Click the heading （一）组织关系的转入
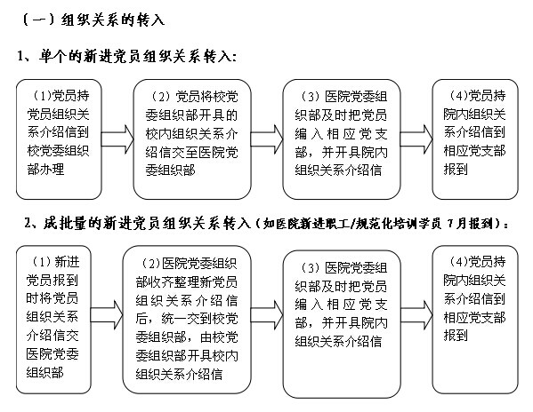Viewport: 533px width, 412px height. [x=93, y=20]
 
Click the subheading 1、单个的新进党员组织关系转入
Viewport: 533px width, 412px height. [x=126, y=56]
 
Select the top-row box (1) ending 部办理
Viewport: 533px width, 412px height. [x=59, y=139]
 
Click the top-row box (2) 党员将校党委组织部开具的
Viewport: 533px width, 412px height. [x=192, y=139]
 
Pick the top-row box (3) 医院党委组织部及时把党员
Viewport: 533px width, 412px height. [x=342, y=139]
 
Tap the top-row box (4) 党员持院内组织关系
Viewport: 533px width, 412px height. [x=475, y=139]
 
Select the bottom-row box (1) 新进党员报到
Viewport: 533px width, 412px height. [x=53, y=320]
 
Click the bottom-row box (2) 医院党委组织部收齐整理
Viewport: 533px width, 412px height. [x=187, y=320]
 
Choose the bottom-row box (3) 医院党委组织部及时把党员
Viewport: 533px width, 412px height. [x=342, y=324]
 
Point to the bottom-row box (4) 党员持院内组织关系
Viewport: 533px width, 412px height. [x=475, y=320]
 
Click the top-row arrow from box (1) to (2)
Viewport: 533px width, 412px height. [x=117, y=139]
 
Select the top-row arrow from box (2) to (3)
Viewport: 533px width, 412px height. [x=267, y=139]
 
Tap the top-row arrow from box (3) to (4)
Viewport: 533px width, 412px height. [x=416, y=139]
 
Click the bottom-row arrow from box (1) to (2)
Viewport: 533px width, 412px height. [x=107, y=315]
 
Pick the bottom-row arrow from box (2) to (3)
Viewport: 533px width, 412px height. [x=267, y=315]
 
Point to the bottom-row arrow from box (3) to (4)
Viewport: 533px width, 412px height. [x=416, y=315]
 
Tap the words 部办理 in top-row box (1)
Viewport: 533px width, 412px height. [x=45, y=169]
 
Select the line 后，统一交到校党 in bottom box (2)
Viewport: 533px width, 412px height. [x=187, y=319]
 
